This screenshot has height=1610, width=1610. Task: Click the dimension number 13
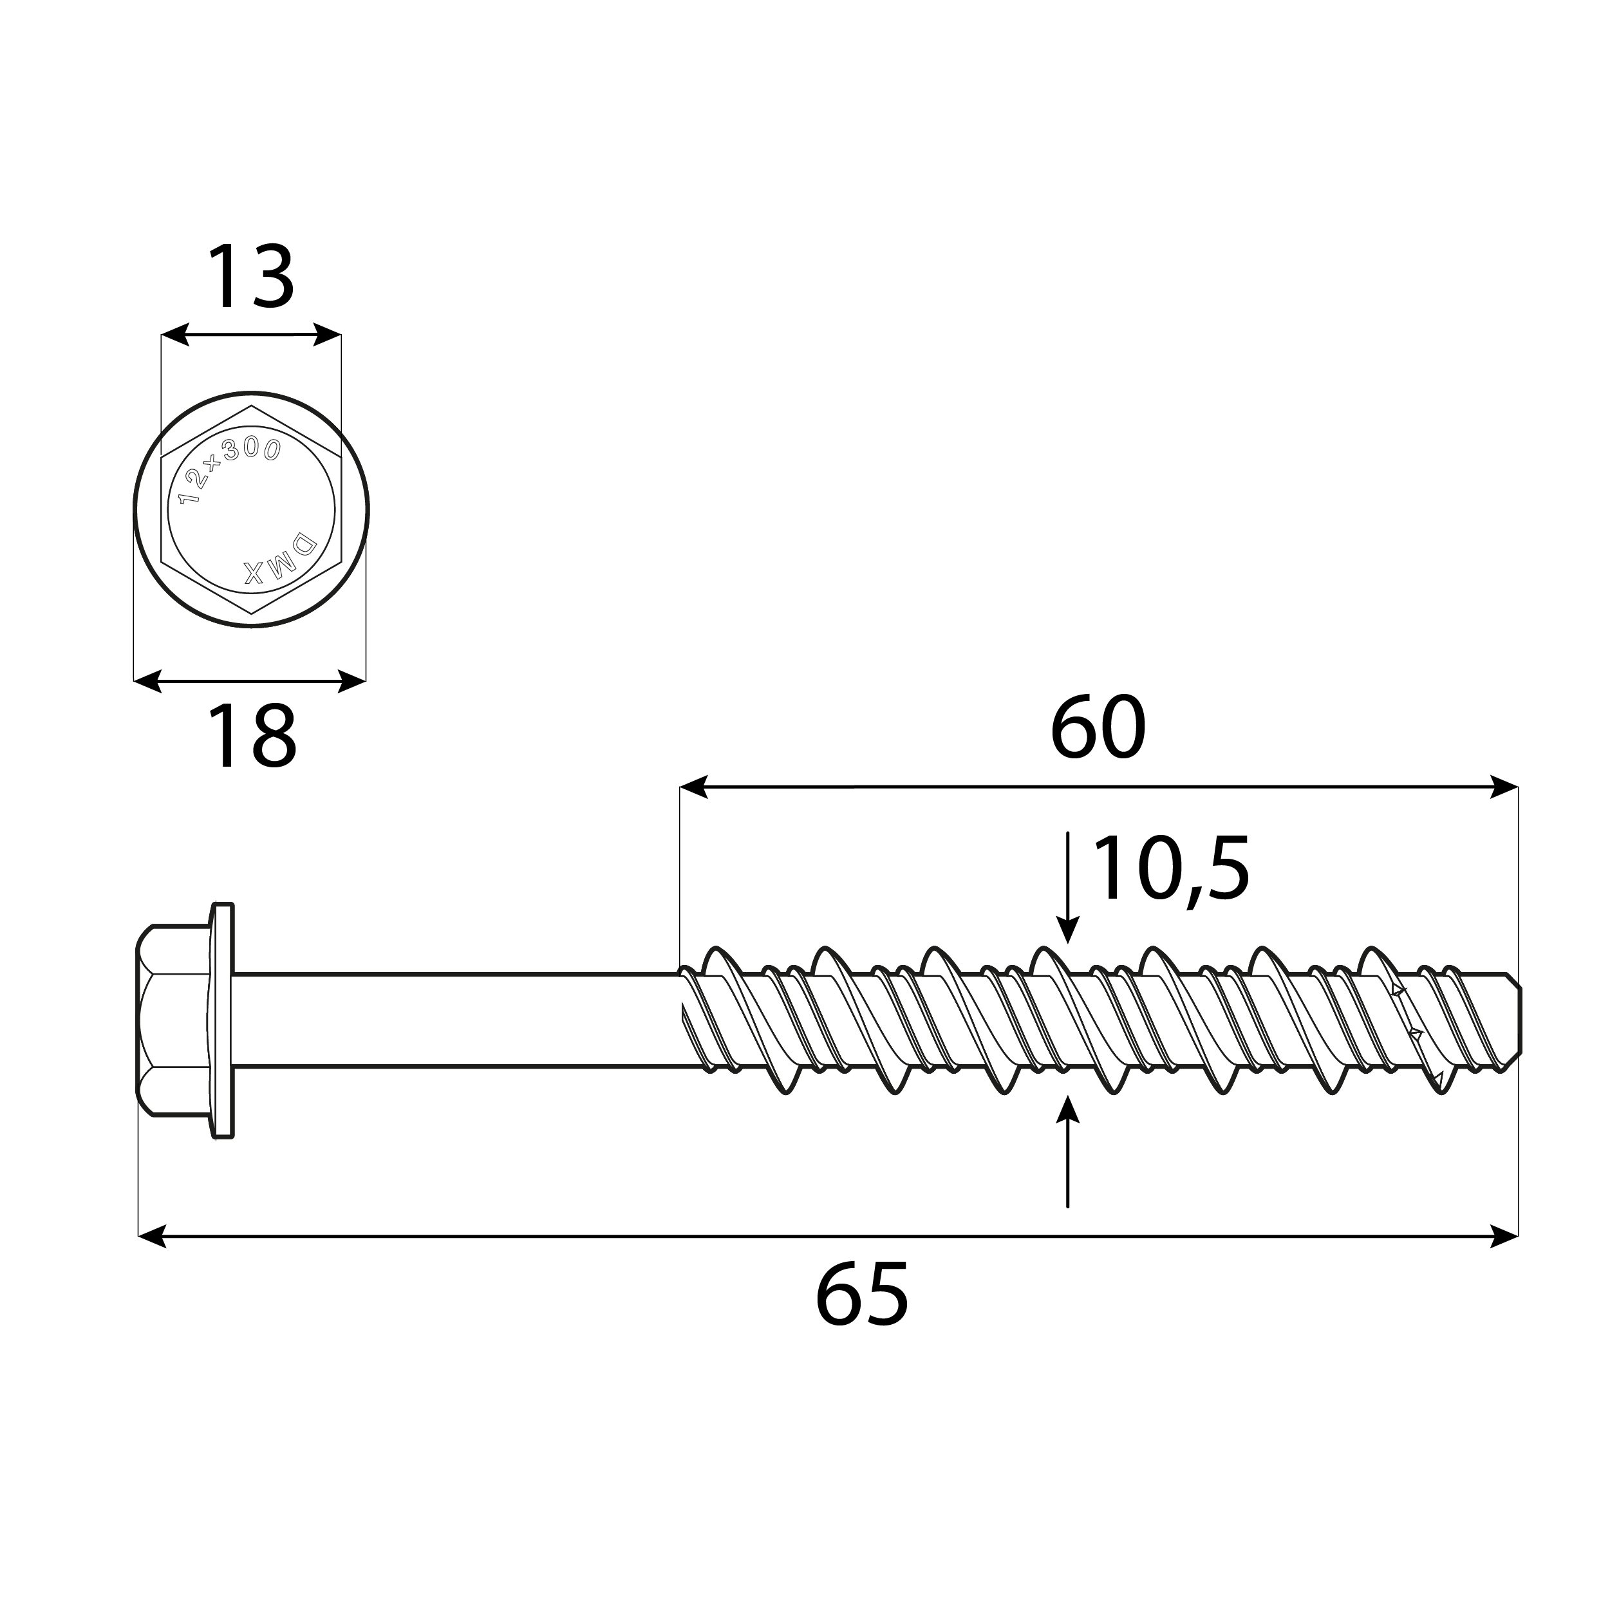pos(250,277)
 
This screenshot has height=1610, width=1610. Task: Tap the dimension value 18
pos(250,736)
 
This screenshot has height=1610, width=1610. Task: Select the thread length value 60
pos(1098,727)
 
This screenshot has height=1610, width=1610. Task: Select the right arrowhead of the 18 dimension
pos(353,681)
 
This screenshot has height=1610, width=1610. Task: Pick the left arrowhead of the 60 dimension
pos(693,787)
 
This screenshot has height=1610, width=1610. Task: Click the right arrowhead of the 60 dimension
pos(1504,787)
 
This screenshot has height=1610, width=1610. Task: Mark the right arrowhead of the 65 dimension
pos(1504,1236)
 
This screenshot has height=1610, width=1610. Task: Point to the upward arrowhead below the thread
pos(1067,1110)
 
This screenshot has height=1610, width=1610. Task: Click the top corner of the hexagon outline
pos(251,407)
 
